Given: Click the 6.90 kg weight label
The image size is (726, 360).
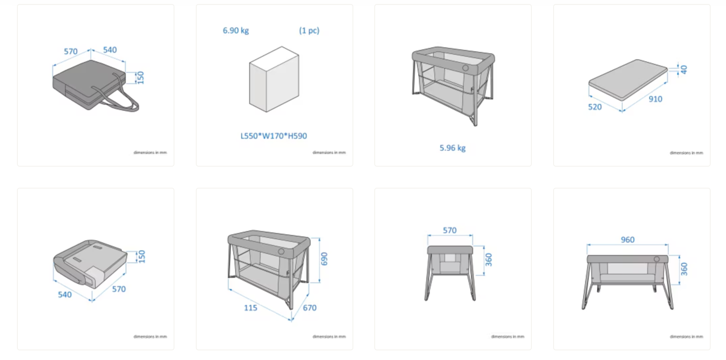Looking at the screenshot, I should (236, 31).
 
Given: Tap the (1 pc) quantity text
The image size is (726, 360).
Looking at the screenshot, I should (309, 31).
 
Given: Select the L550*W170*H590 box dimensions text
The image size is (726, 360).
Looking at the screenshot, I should (274, 136).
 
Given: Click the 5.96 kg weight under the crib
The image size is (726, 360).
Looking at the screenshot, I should (452, 148).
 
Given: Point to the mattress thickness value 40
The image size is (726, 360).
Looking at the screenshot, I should (684, 69).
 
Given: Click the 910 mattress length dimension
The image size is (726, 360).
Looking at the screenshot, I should (655, 99).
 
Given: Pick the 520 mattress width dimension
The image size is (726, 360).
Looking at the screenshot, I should (594, 107).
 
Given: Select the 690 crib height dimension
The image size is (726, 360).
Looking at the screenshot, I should (324, 259).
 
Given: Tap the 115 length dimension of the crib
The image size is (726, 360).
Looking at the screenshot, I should (250, 308).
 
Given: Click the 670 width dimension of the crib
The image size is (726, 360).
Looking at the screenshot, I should (310, 308).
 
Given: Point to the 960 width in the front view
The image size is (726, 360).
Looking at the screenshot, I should (627, 240).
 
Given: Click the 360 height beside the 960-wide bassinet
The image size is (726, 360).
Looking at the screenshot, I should (684, 269).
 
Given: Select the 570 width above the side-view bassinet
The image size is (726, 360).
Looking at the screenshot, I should (449, 230).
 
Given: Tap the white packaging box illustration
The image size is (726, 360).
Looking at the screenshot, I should (274, 80).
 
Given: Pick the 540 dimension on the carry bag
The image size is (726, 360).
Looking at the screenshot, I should (110, 50).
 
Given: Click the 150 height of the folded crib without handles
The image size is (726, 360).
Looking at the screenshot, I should (141, 256).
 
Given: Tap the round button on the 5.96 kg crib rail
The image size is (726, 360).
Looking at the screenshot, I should (465, 68).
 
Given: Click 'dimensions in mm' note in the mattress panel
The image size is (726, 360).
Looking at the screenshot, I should (686, 153).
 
